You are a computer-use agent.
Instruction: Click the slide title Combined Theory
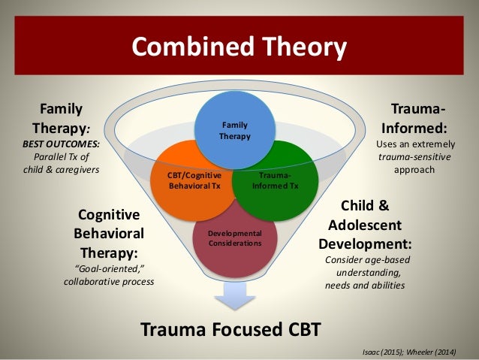coord(239,47)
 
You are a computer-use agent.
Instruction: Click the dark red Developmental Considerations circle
coord(235,238)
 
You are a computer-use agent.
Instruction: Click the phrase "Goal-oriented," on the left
coord(108,268)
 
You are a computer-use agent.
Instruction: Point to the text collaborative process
coord(108,281)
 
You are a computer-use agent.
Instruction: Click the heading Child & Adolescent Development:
coord(366,225)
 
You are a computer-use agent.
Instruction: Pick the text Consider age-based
coord(367,260)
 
